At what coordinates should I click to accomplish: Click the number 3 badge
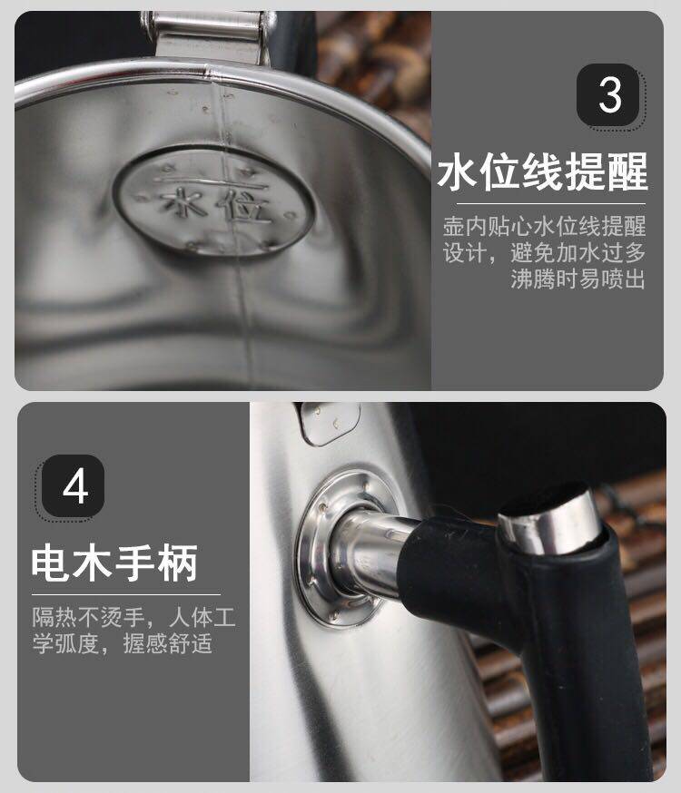tap(607, 94)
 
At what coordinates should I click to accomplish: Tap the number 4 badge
tap(74, 486)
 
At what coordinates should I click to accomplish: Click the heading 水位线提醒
tap(542, 171)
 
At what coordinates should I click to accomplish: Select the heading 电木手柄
tap(114, 563)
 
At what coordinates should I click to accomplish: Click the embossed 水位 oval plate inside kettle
tap(213, 201)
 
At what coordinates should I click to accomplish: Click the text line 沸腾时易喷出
tap(577, 279)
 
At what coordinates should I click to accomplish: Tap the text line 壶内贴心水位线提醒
tap(545, 226)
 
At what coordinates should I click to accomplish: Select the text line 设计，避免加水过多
tap(545, 252)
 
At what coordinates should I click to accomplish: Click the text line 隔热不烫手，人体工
tap(133, 617)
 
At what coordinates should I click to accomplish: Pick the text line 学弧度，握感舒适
tap(123, 643)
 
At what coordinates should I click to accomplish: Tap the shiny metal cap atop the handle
tap(549, 523)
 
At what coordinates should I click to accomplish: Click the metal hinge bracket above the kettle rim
tap(209, 36)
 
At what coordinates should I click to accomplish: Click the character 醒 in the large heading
tap(627, 172)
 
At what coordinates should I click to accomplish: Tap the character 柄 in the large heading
tap(177, 563)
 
